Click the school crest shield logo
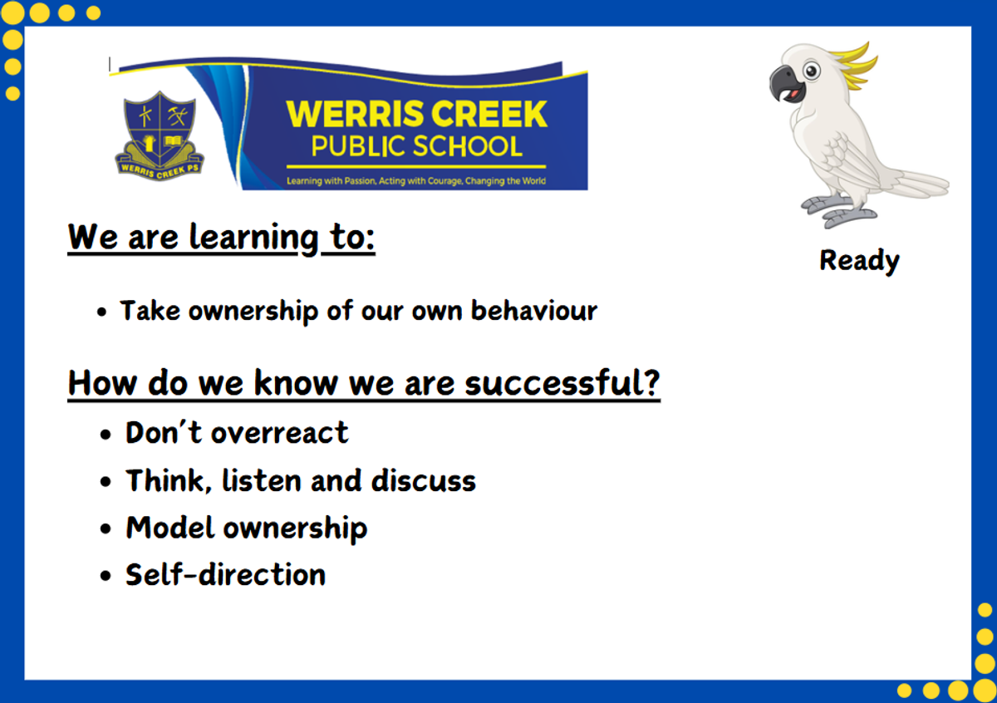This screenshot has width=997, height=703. (x=160, y=136)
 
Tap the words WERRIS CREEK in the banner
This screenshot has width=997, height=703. (x=416, y=115)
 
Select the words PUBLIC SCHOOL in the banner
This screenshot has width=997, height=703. (x=416, y=146)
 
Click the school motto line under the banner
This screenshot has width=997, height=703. (x=416, y=181)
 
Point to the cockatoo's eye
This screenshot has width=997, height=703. (x=812, y=71)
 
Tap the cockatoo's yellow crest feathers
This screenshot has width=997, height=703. (x=855, y=66)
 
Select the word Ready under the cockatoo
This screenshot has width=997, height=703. (x=859, y=261)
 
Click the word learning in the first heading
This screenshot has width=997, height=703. (x=254, y=238)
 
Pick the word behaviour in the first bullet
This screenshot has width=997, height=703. (x=534, y=310)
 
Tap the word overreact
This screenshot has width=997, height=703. (x=279, y=433)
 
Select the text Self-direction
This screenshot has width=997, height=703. (x=226, y=574)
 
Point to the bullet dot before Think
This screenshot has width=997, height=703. (x=106, y=481)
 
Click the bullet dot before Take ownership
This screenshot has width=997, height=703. (x=102, y=312)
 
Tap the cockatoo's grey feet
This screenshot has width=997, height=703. (x=839, y=210)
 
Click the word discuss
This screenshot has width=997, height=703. (x=423, y=480)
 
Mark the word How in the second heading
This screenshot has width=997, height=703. (x=102, y=382)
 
